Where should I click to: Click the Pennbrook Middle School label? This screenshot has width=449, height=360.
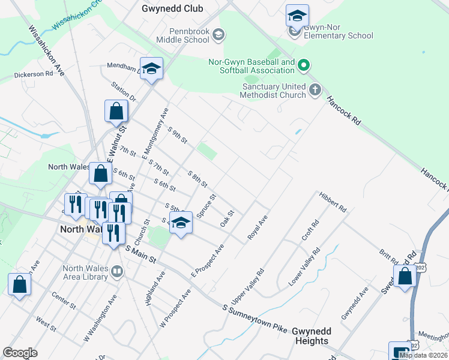[x=182, y=35]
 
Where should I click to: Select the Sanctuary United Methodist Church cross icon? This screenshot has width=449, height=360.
[x=316, y=91]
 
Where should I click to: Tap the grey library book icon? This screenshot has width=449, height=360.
[x=117, y=272]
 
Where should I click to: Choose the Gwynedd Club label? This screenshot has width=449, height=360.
[x=172, y=8]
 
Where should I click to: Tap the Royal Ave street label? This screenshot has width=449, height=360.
[x=258, y=228]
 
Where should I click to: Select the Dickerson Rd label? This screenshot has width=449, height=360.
[x=34, y=74]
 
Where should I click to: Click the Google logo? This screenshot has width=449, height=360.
[x=20, y=352]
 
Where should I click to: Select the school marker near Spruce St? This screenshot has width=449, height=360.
[x=180, y=223]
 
